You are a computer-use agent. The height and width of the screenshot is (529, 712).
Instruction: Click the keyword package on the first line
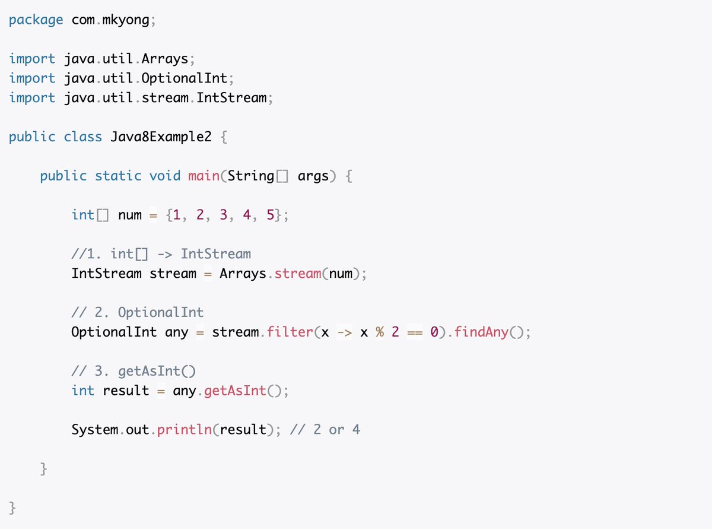coord(36,20)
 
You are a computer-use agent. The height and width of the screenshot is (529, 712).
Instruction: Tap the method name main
coord(203,176)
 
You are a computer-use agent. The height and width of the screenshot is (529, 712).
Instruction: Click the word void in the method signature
coord(165,176)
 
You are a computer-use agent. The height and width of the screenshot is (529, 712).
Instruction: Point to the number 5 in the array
coord(270,215)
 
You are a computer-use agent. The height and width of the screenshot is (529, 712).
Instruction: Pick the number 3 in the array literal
coord(223,215)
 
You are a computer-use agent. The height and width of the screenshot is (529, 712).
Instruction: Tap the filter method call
coord(290,332)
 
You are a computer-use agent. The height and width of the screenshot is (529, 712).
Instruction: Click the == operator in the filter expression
coord(414,332)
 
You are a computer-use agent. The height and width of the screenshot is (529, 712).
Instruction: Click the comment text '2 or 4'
coord(336,429)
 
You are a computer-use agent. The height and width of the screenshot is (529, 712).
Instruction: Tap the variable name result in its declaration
coord(126,391)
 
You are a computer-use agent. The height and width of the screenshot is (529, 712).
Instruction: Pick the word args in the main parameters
coord(313,176)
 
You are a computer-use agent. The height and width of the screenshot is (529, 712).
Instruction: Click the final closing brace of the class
coord(12,508)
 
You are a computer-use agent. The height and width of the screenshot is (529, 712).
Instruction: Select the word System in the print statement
coord(95,429)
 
